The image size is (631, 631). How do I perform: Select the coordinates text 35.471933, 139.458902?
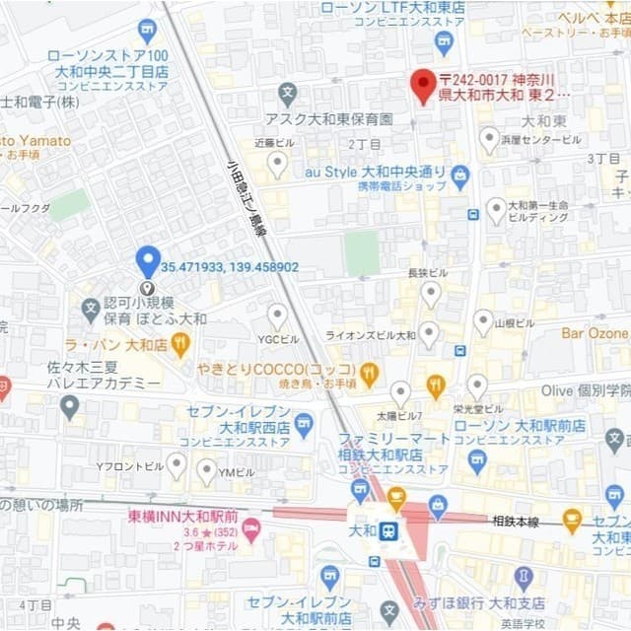point(230,267)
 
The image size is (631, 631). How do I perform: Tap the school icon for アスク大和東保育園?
point(287,96)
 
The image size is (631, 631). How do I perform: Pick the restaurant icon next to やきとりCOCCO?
point(369,374)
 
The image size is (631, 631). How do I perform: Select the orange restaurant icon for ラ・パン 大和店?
point(179,344)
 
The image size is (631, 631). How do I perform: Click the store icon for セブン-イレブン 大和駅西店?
point(304,426)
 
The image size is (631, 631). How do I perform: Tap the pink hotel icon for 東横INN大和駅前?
point(251,530)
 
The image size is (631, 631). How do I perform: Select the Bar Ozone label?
point(595,333)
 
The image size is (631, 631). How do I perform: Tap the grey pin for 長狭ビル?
point(431,293)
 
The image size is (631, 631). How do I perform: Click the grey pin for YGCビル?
point(277,315)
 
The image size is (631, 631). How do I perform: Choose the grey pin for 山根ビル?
point(483,321)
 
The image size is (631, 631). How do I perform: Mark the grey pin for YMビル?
point(206,470)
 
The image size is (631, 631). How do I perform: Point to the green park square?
point(362,253)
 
